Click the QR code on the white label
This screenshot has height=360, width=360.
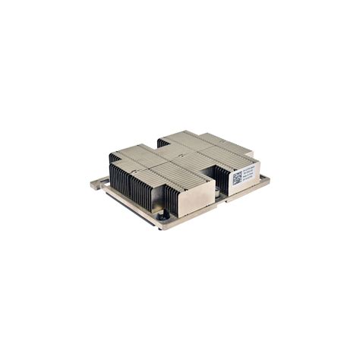[x=237, y=178]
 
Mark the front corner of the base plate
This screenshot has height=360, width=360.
[x=160, y=227]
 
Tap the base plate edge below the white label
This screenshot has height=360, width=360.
[x=247, y=188]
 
